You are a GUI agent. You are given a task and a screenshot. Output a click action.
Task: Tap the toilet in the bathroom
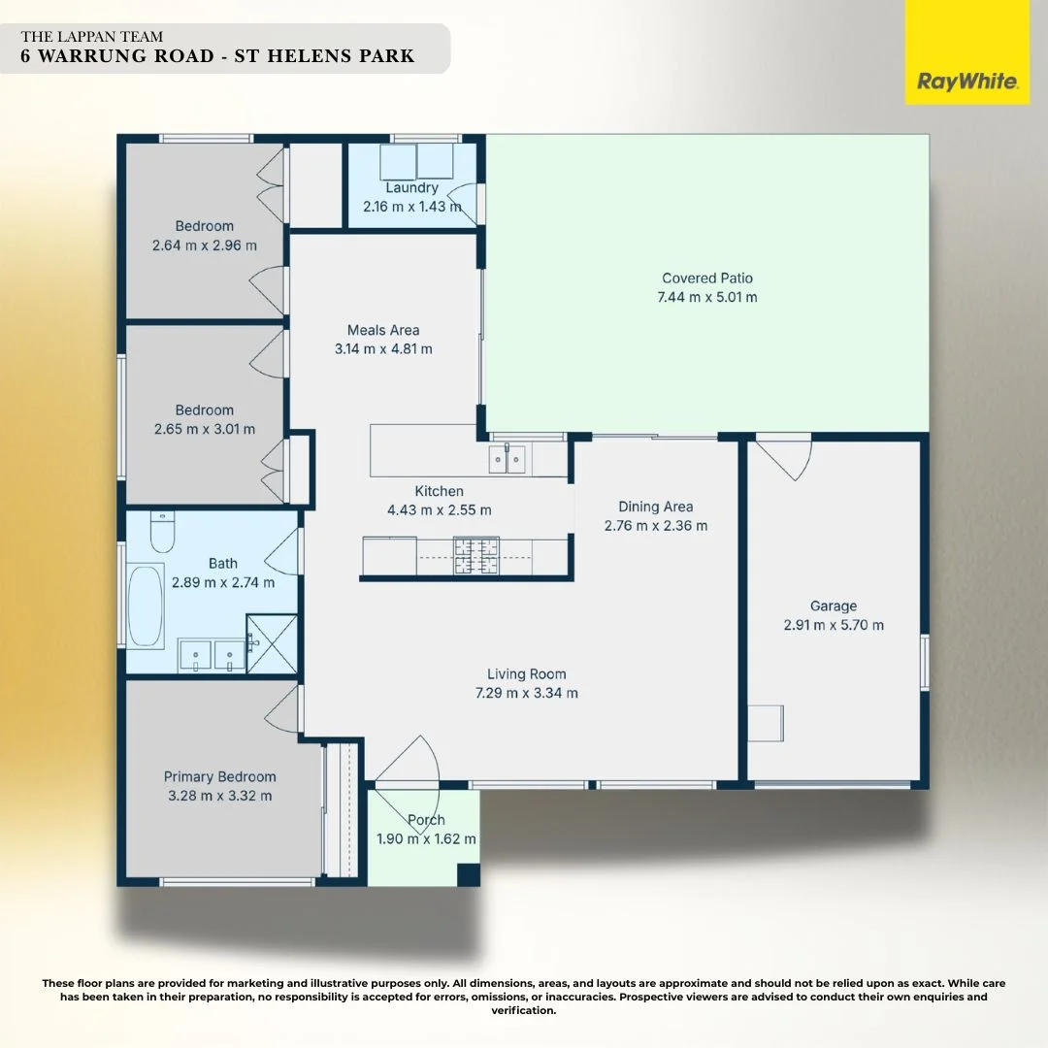click(x=162, y=533)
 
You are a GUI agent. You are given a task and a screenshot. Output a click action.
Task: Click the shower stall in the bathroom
click(x=271, y=642)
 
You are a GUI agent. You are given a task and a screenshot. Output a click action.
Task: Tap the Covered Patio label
click(x=706, y=278)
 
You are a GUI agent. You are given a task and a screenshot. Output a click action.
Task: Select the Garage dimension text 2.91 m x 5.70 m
click(x=834, y=625)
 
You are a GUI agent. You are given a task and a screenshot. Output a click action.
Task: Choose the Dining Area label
click(x=655, y=507)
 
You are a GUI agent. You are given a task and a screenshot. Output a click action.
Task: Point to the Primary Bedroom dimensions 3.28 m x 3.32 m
click(x=219, y=796)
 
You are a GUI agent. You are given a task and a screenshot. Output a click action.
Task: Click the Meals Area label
click(x=383, y=330)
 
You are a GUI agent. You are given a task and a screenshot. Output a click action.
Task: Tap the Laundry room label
click(x=411, y=187)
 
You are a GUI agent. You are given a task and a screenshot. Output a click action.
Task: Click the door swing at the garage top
click(x=785, y=458)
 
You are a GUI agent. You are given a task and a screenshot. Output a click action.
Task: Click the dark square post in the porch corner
click(x=469, y=873)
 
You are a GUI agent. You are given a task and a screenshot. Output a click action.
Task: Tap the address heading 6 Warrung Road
click(x=217, y=55)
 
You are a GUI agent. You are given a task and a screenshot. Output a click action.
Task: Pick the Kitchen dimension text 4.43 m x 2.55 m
click(x=439, y=509)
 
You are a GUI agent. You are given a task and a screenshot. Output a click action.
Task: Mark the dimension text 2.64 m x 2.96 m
click(x=205, y=246)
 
